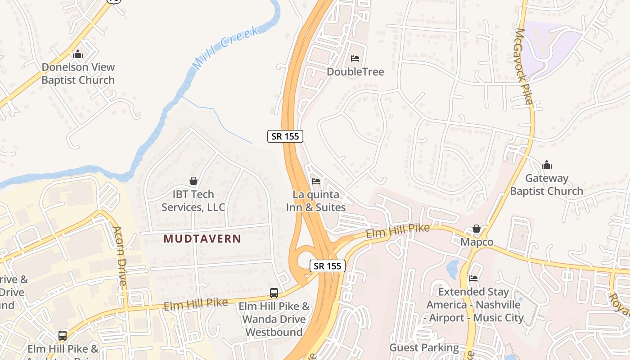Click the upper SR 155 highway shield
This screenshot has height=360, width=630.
tap(285, 136)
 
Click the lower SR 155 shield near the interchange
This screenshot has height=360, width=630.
tap(328, 266)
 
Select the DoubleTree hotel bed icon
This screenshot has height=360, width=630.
tap(355, 58)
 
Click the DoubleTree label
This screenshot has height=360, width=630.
tap(355, 72)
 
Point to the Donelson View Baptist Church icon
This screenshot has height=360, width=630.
tap(78, 54)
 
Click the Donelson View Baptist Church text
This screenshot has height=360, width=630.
tap(78, 74)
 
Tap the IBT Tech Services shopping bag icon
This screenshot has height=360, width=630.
tap(193, 181)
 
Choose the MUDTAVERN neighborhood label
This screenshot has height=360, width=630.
tap(202, 239)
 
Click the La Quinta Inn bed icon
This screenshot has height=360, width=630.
tap(316, 181)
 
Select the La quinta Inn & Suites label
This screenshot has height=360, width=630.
tap(316, 201)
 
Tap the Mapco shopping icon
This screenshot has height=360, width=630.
tap(477, 229)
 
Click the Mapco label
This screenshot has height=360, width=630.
tap(477, 242)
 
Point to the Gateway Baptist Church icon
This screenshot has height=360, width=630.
tap(547, 165)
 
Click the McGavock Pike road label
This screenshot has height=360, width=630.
tap(525, 66)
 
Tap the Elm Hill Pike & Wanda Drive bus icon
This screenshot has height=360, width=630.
tap(274, 293)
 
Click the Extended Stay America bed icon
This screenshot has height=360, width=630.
tap(473, 279)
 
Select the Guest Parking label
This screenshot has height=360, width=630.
tap(424, 348)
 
